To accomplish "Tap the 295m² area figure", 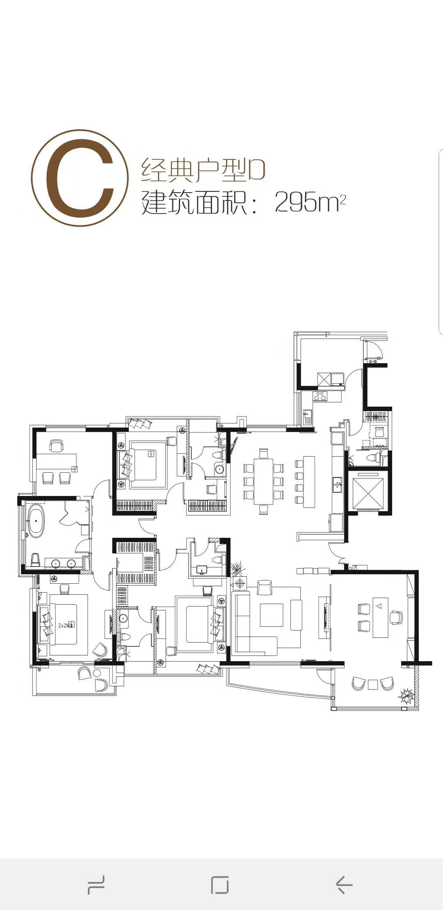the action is point(311,202).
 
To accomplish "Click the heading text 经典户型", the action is point(194,170).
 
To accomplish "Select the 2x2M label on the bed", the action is point(65,626).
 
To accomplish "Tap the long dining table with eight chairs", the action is point(263,481).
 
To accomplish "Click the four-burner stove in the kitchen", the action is point(320,396).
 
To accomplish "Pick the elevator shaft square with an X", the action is point(367,492).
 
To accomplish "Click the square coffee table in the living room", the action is point(272,615).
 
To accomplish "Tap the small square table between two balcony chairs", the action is point(372,685).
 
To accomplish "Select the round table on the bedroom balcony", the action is point(97,673).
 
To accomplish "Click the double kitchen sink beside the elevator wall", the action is point(337,486).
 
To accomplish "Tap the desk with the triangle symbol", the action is point(380,617).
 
